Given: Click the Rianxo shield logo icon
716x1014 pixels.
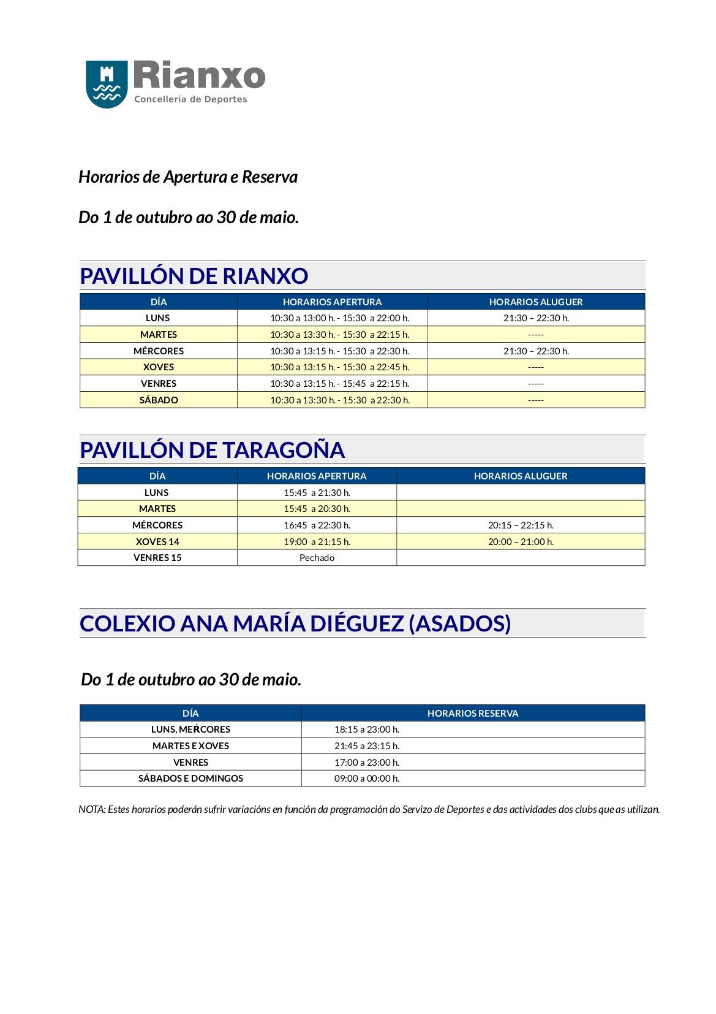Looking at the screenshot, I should click(x=107, y=84).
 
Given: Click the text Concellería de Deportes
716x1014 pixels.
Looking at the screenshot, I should click(x=190, y=99).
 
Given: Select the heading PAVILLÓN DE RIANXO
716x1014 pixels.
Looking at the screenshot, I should click(x=194, y=276).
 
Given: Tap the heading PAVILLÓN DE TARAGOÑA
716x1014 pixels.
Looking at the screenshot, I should click(x=212, y=450).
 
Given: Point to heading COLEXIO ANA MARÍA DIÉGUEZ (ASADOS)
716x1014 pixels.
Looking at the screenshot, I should click(x=295, y=623).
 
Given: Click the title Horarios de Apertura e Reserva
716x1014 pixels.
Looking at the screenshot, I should click(x=188, y=177).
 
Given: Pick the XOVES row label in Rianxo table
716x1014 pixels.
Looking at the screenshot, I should click(x=159, y=367).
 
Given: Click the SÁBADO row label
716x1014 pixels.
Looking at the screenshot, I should click(x=159, y=400).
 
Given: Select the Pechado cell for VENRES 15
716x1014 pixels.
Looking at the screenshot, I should click(x=317, y=558).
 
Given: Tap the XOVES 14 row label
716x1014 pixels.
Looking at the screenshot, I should click(x=157, y=541).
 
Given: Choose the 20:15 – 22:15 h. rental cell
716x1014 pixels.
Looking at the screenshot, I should click(x=521, y=525).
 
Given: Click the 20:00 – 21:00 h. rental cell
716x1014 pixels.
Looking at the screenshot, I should click(x=521, y=541).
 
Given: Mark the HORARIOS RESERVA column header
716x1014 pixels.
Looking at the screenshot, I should click(x=473, y=713).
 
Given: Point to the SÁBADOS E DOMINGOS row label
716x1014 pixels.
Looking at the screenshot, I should click(x=190, y=779).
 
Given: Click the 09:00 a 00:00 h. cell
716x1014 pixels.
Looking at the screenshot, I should click(x=367, y=779).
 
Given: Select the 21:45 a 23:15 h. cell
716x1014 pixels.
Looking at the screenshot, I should click(x=367, y=746).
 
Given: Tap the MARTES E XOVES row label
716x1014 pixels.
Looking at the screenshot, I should click(x=190, y=746).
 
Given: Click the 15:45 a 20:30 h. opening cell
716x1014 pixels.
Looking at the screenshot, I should click(x=317, y=509).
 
